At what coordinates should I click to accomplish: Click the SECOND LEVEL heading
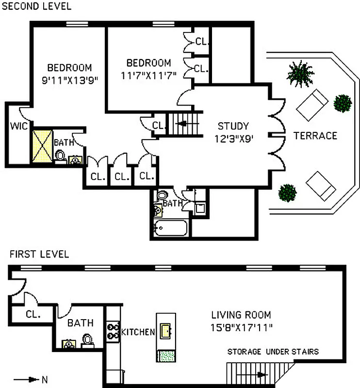(36, 6)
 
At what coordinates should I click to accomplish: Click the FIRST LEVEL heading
(39, 254)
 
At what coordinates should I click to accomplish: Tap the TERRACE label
(315, 136)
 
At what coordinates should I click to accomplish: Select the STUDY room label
(233, 126)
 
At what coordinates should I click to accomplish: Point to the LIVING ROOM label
(241, 315)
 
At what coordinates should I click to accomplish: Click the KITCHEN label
(138, 332)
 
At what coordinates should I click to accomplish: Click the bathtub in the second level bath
(170, 227)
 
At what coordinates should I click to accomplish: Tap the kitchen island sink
(165, 331)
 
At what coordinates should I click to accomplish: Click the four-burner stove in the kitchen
(113, 331)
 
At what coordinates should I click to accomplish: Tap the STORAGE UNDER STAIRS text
(273, 351)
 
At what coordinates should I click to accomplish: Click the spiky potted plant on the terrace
(300, 73)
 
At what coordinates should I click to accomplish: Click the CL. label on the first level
(33, 313)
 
